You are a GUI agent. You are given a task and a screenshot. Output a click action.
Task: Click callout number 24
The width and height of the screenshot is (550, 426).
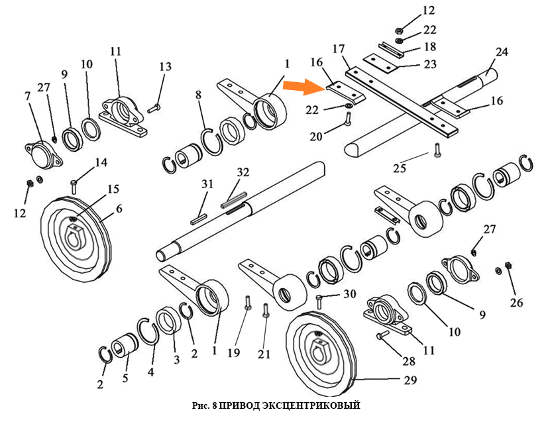(501, 52)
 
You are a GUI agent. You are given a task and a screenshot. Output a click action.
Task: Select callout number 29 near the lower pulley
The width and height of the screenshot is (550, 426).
(410, 381)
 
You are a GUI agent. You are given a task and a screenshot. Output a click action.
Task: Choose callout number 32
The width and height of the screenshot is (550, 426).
(243, 173)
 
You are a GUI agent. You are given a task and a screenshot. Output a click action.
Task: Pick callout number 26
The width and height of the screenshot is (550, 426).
(516, 303)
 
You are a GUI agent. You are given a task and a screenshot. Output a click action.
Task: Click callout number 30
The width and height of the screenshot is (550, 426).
(349, 294)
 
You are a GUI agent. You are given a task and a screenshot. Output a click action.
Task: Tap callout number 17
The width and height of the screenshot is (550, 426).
(339, 49)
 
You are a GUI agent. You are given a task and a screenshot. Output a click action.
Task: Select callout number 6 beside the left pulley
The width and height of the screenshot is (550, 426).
(119, 209)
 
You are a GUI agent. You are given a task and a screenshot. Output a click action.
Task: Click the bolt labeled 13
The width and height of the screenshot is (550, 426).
(153, 107)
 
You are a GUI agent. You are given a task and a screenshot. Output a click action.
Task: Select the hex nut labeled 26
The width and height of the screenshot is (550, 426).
(508, 266)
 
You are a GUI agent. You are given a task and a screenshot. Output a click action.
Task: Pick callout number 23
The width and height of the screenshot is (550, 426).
(429, 64)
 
